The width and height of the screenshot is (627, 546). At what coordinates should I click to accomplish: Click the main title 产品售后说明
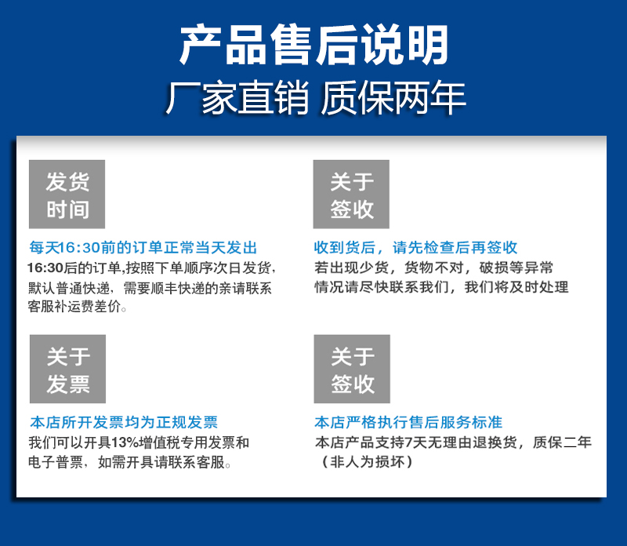pos(314,45)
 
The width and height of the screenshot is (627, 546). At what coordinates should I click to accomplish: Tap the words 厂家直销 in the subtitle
pos(237,98)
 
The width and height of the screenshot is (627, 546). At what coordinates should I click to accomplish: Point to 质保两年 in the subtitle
pos(393,98)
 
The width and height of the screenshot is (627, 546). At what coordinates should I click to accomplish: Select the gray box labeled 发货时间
pos(67,194)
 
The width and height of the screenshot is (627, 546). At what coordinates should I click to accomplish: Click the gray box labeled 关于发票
pos(67,369)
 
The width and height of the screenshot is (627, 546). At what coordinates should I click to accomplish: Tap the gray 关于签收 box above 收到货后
pos(351,194)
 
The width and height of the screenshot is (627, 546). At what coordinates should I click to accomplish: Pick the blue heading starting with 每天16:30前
pos(143,247)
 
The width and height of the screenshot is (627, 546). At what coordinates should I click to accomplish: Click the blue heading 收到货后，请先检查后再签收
pos(415,247)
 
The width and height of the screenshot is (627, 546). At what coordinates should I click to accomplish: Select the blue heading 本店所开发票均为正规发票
pos(124,422)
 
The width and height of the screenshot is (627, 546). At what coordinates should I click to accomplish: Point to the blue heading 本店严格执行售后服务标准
pos(408,422)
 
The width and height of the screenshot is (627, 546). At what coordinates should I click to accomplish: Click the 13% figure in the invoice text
pos(125,442)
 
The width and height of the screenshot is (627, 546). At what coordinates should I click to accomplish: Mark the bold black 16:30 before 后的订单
pos(45,268)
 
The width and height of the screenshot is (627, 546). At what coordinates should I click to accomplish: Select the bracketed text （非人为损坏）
pos(367,462)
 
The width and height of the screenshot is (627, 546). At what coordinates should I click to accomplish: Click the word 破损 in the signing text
pos(494,268)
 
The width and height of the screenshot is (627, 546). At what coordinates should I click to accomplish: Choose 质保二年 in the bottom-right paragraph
pos(562,442)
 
